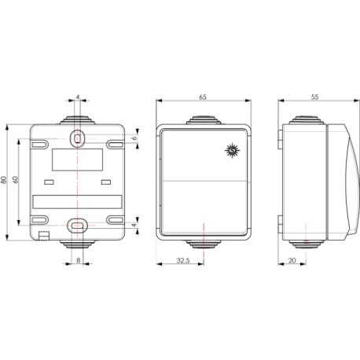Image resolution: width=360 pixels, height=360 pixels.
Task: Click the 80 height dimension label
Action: pos(5,181)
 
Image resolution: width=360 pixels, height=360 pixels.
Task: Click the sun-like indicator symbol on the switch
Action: pos(231,149)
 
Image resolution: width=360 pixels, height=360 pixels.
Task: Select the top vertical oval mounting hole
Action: pos(78,138)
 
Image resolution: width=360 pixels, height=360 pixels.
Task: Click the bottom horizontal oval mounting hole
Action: pos(78,225)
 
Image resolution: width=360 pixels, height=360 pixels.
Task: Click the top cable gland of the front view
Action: pos(204,120)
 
